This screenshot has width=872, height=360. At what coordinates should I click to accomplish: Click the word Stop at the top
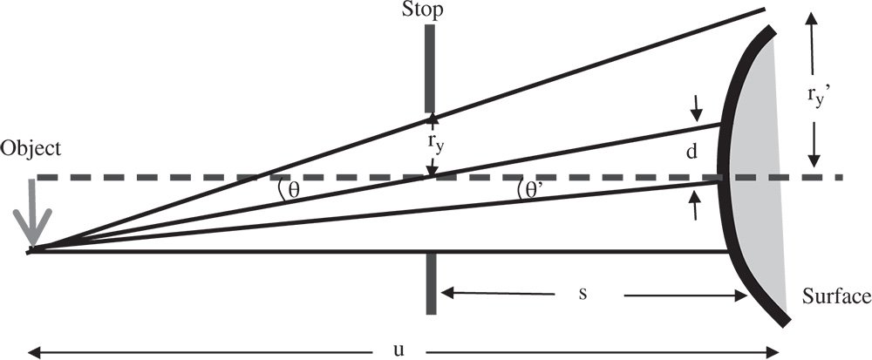(x=423, y=10)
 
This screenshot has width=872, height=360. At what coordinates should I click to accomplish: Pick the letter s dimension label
(x=583, y=292)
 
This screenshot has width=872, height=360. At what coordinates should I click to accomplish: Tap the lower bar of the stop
(x=430, y=283)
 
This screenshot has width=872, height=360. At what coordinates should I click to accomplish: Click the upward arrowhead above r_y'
(x=812, y=17)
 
